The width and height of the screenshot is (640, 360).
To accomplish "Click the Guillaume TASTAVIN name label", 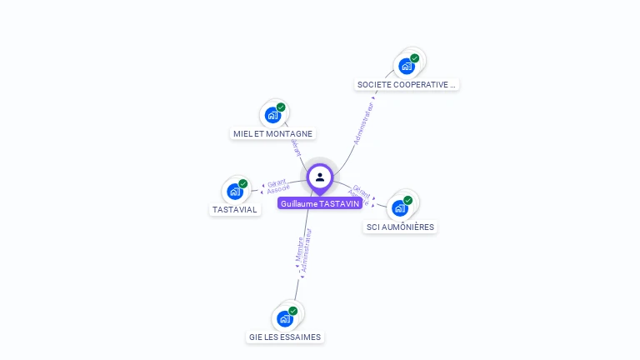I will pyautogui.click(x=320, y=203).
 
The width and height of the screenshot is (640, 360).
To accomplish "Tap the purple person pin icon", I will pyautogui.click(x=320, y=177).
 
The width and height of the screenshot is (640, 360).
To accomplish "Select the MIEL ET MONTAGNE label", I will pyautogui.click(x=272, y=133).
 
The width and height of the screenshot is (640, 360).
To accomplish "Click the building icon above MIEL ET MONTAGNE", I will pyautogui.click(x=272, y=115).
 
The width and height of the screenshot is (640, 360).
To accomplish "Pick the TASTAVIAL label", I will pyautogui.click(x=234, y=209).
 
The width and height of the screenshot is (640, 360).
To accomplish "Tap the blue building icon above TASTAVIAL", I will pyautogui.click(x=234, y=192).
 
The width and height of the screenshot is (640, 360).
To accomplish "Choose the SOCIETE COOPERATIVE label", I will pyautogui.click(x=407, y=84).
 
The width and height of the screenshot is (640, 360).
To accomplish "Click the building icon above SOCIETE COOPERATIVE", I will pyautogui.click(x=406, y=66).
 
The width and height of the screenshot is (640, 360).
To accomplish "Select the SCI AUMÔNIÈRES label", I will pyautogui.click(x=400, y=227).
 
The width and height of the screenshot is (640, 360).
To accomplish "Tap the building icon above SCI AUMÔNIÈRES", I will pyautogui.click(x=399, y=207).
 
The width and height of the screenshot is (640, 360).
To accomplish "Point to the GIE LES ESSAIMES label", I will pyautogui.click(x=285, y=337).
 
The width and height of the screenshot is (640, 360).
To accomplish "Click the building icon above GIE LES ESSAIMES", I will pyautogui.click(x=284, y=318).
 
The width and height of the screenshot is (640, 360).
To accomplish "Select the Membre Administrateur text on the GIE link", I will pyautogui.click(x=303, y=252).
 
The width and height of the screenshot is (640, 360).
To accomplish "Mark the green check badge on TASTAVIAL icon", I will pyautogui.click(x=242, y=183).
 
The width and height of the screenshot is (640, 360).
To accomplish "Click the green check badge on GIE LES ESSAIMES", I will pyautogui.click(x=292, y=311).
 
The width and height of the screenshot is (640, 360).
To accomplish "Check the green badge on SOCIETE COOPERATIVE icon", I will pyautogui.click(x=414, y=58).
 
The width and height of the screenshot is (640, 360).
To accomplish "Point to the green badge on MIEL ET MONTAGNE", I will pyautogui.click(x=281, y=107).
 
